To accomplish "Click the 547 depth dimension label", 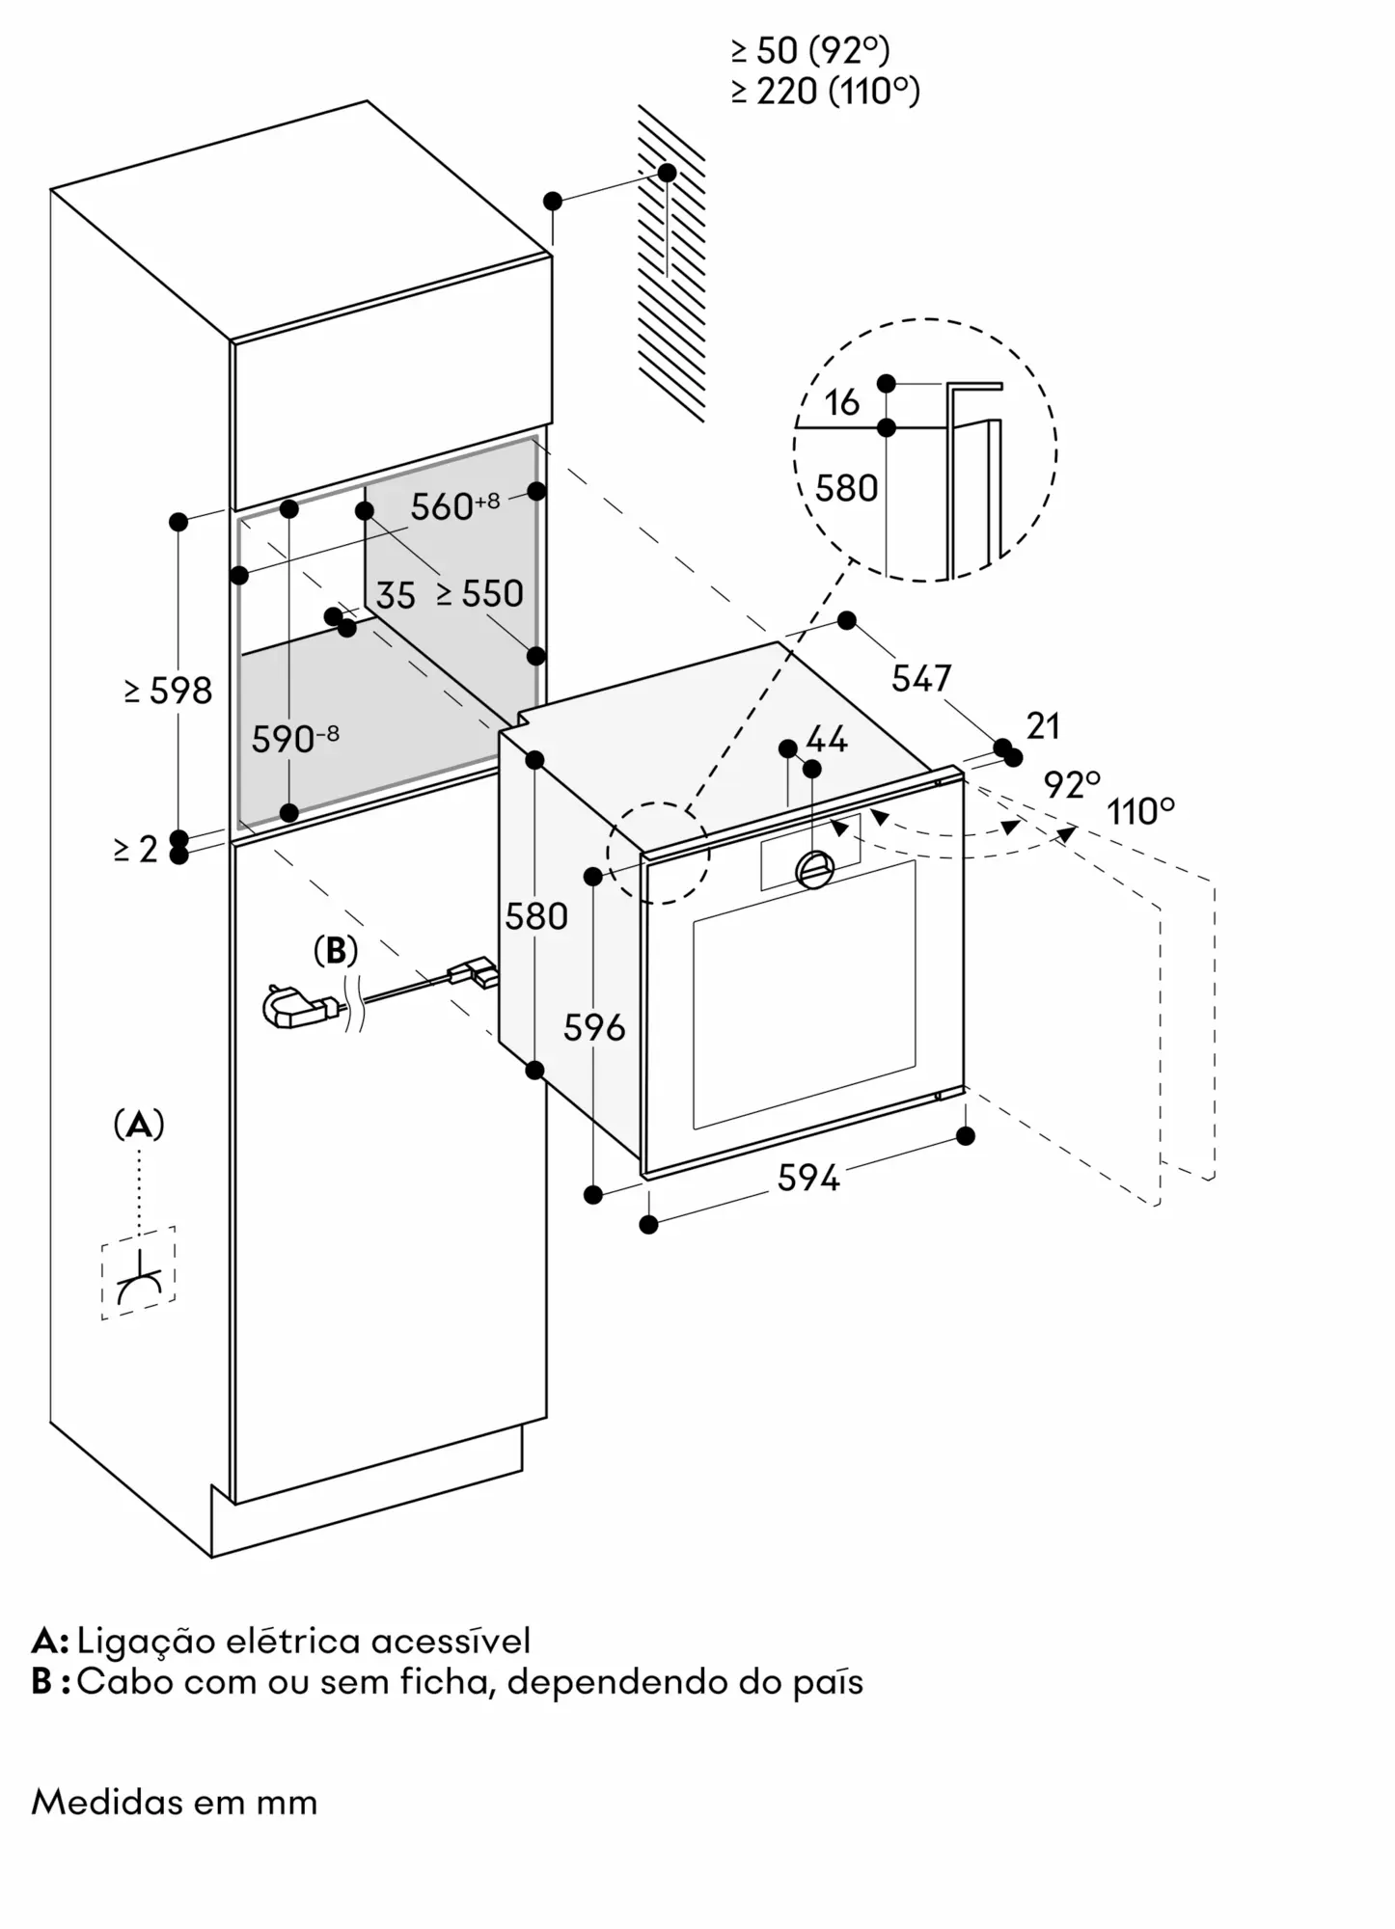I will point(921,679).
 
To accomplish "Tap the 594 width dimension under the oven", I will point(808,1178).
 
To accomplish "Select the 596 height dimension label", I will point(594,1028).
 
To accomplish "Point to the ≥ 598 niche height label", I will point(169,691).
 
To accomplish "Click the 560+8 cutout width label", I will point(454,506).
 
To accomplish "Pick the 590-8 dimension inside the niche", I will point(294,740).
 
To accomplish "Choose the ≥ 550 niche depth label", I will point(479,594).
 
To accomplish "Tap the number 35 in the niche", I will point(396,596).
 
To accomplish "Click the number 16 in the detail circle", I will point(842,403).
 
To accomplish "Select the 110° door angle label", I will point(1140,812).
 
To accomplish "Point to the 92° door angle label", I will point(1072,785).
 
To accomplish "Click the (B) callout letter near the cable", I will point(336,951).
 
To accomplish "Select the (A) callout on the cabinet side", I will point(139,1125).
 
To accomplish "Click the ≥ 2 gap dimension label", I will point(135,850).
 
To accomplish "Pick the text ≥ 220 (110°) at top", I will point(825,92).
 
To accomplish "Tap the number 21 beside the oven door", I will point(1043,725).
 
